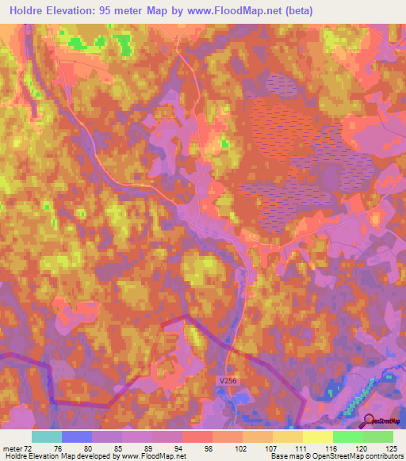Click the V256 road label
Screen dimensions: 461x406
click(x=228, y=381)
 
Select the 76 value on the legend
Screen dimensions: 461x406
click(x=57, y=447)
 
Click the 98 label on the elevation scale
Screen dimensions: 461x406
click(x=209, y=447)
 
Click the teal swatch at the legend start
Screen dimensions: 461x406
click(x=46, y=436)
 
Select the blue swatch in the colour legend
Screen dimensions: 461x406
click(x=76, y=436)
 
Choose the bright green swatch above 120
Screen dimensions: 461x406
click(x=347, y=436)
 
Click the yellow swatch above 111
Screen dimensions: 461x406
click(x=287, y=436)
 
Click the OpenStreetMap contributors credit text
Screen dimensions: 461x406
click(x=358, y=456)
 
